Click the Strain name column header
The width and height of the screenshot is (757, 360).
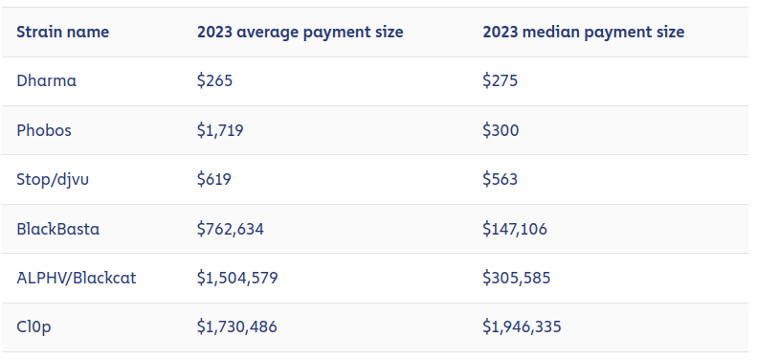pyautogui.click(x=63, y=33)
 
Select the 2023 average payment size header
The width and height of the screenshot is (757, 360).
pyautogui.click(x=300, y=33)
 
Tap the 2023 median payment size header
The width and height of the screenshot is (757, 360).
pyautogui.click(x=583, y=33)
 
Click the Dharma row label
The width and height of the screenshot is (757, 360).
pyautogui.click(x=46, y=80)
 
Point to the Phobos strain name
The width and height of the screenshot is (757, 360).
pyautogui.click(x=44, y=130)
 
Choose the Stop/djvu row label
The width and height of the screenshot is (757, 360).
pyautogui.click(x=53, y=179)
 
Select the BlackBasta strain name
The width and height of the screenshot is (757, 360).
pyautogui.click(x=58, y=228)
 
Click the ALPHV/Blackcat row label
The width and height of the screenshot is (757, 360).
pyautogui.click(x=77, y=278)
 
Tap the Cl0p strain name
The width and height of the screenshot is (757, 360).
pyautogui.click(x=33, y=327)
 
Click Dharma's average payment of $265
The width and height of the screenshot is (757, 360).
pyautogui.click(x=214, y=80)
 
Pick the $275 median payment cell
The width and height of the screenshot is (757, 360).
pyautogui.click(x=501, y=80)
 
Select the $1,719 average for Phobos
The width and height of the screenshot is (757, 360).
pyautogui.click(x=220, y=130)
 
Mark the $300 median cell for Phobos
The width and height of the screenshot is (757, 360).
pyautogui.click(x=501, y=130)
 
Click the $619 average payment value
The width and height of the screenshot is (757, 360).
pyautogui.click(x=213, y=179)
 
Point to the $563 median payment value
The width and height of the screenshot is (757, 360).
pyautogui.click(x=501, y=179)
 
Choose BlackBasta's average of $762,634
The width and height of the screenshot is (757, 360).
pyautogui.click(x=231, y=229)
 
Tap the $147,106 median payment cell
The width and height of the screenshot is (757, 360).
pyautogui.click(x=515, y=229)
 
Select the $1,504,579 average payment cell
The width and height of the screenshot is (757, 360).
pyautogui.click(x=237, y=278)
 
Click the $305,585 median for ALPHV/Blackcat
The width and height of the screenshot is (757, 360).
pyautogui.click(x=517, y=278)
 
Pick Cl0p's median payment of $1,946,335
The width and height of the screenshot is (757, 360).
pyautogui.click(x=522, y=327)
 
